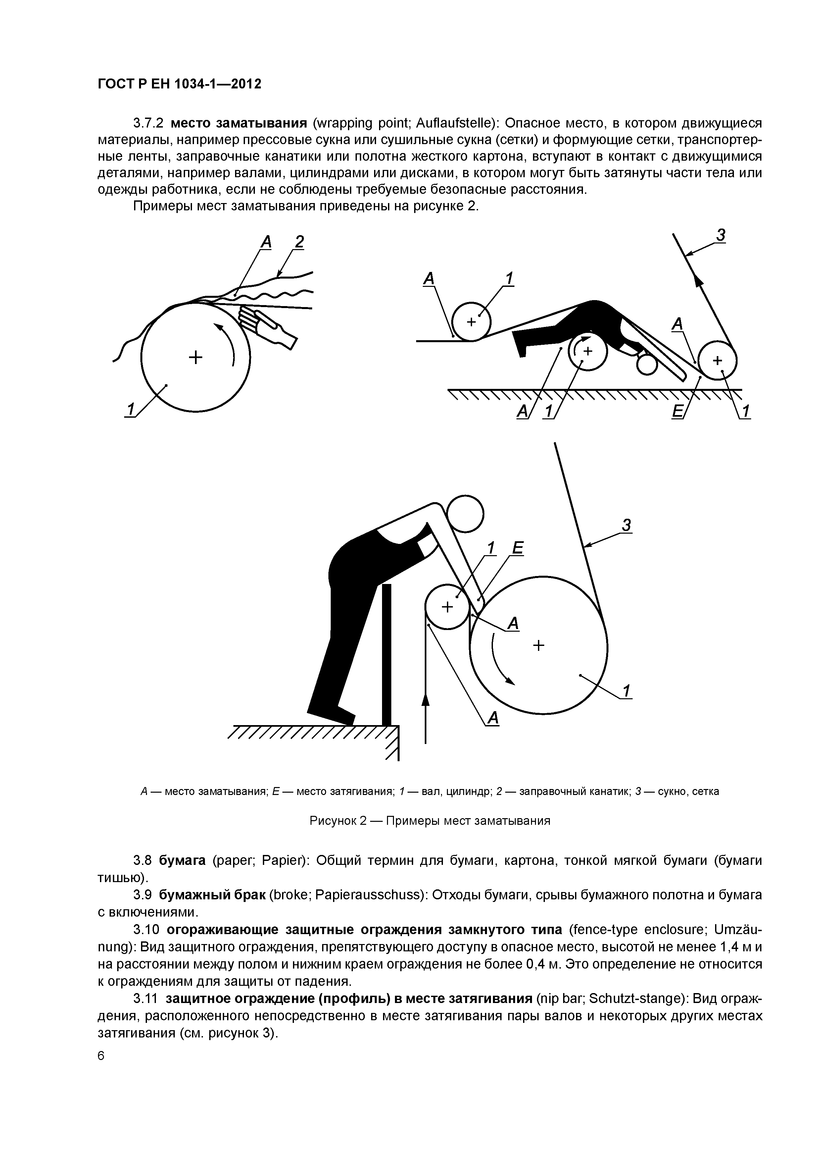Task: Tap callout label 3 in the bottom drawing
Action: pos(627,525)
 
